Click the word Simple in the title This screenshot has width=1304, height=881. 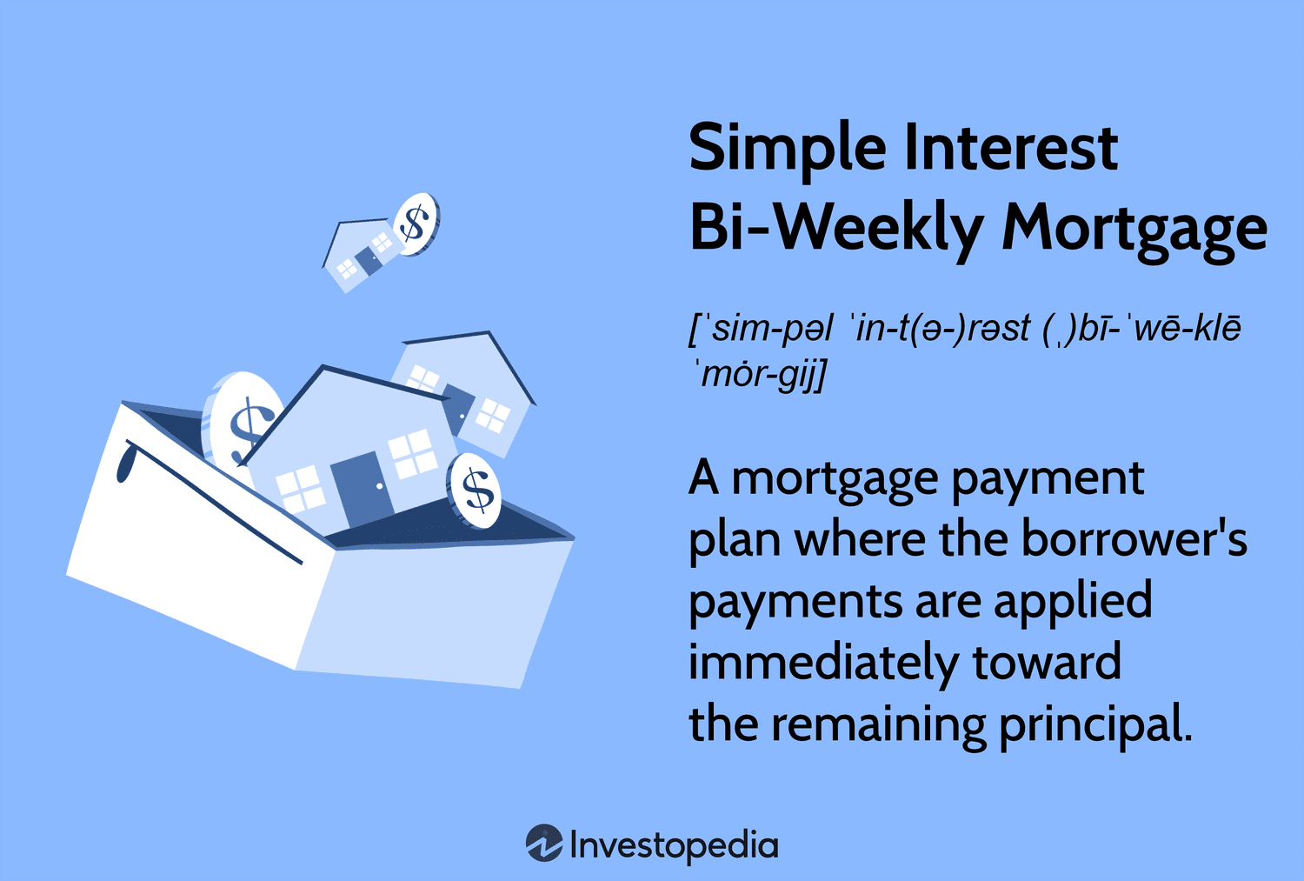click(787, 149)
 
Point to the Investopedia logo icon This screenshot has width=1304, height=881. click(544, 843)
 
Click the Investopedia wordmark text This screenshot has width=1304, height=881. click(674, 844)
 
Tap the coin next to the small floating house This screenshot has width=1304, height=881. click(416, 224)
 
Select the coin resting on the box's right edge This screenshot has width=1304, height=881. click(475, 491)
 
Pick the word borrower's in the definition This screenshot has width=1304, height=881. click(1134, 539)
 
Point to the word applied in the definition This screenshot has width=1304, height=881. click(1072, 602)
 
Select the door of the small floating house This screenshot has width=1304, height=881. click(369, 260)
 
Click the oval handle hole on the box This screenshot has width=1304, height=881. click(125, 461)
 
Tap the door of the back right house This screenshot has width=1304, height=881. click(459, 408)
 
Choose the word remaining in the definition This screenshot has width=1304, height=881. click(878, 725)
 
